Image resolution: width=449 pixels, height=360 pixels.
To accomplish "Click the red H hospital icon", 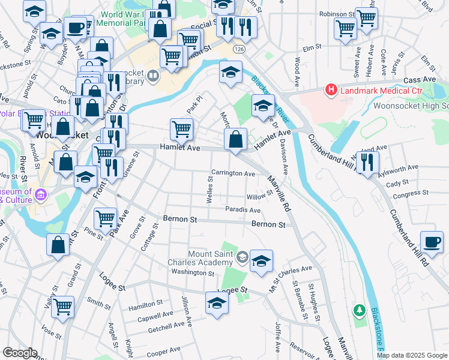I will coord(330,91).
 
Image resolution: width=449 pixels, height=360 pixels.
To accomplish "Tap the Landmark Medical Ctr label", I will coord(380,91).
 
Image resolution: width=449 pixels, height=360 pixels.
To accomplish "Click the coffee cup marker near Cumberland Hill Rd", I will coord(431,241).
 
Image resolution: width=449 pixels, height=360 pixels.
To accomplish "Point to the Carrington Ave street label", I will coord(233,173).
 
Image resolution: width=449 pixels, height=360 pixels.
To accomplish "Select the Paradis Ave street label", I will coord(243,210).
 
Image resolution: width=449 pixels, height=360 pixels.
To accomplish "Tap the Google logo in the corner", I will coord(19,353).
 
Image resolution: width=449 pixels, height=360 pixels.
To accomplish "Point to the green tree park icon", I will coord(359,310).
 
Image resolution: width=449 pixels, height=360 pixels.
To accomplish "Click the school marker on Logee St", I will coord(217,302).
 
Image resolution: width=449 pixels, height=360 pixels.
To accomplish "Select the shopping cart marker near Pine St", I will coord(106,218).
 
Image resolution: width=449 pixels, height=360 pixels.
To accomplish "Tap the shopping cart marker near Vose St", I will coord(62,307).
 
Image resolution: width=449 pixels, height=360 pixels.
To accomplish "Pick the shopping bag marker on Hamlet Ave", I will coord(237,140).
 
